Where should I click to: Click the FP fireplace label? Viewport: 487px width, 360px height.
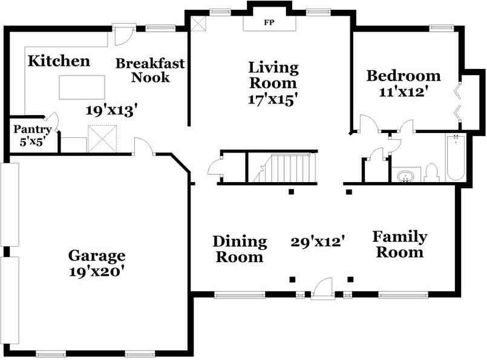tap(269, 22)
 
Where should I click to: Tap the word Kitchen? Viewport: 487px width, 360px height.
tap(59, 61)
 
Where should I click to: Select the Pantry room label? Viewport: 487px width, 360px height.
tap(32, 129)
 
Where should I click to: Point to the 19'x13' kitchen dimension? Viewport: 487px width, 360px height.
tap(111, 111)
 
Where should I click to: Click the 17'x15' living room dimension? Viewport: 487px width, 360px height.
tap(273, 99)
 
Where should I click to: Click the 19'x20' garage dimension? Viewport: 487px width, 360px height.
tap(97, 272)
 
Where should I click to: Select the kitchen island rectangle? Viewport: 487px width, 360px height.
tap(82, 87)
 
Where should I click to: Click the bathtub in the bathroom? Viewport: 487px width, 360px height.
tap(456, 157)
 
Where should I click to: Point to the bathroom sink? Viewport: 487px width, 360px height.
tap(405, 176)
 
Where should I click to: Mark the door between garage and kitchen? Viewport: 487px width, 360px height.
tap(144, 145)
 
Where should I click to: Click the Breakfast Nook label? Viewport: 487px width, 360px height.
tap(150, 71)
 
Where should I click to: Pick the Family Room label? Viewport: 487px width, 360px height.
tap(400, 244)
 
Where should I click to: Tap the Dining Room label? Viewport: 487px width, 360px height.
tap(240, 249)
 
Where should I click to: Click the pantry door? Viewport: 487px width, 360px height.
tap(53, 122)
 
